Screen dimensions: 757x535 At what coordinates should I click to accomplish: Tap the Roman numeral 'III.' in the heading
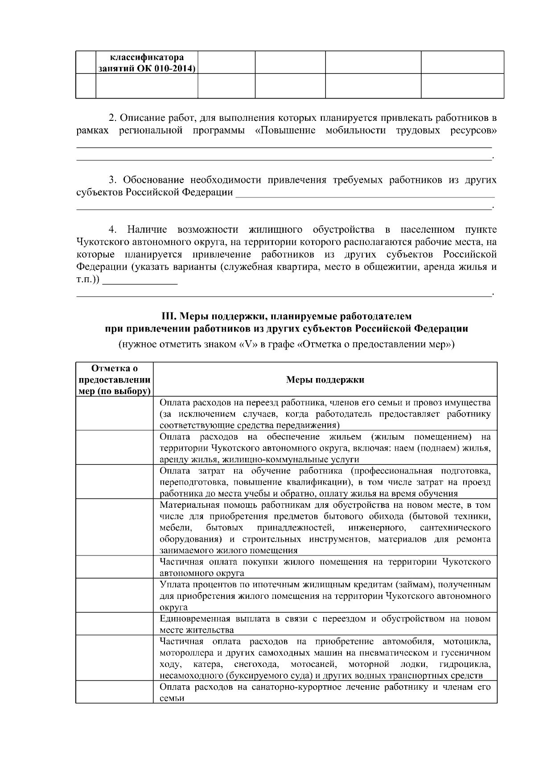tap(169, 316)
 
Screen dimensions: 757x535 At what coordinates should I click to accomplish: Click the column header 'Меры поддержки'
tap(325, 380)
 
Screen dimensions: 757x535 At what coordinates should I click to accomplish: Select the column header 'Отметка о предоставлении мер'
tap(114, 380)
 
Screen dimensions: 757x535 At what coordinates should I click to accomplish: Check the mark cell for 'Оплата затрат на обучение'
tap(114, 482)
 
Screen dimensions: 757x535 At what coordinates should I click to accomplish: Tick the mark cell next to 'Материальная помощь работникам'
tap(114, 527)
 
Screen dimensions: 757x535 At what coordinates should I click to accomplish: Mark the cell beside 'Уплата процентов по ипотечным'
tap(114, 596)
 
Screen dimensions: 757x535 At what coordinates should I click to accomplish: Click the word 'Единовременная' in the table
tap(194, 619)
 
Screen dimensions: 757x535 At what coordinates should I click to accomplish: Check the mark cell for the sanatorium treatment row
tap(114, 692)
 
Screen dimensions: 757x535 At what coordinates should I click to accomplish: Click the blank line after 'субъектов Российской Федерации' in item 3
tap(365, 193)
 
